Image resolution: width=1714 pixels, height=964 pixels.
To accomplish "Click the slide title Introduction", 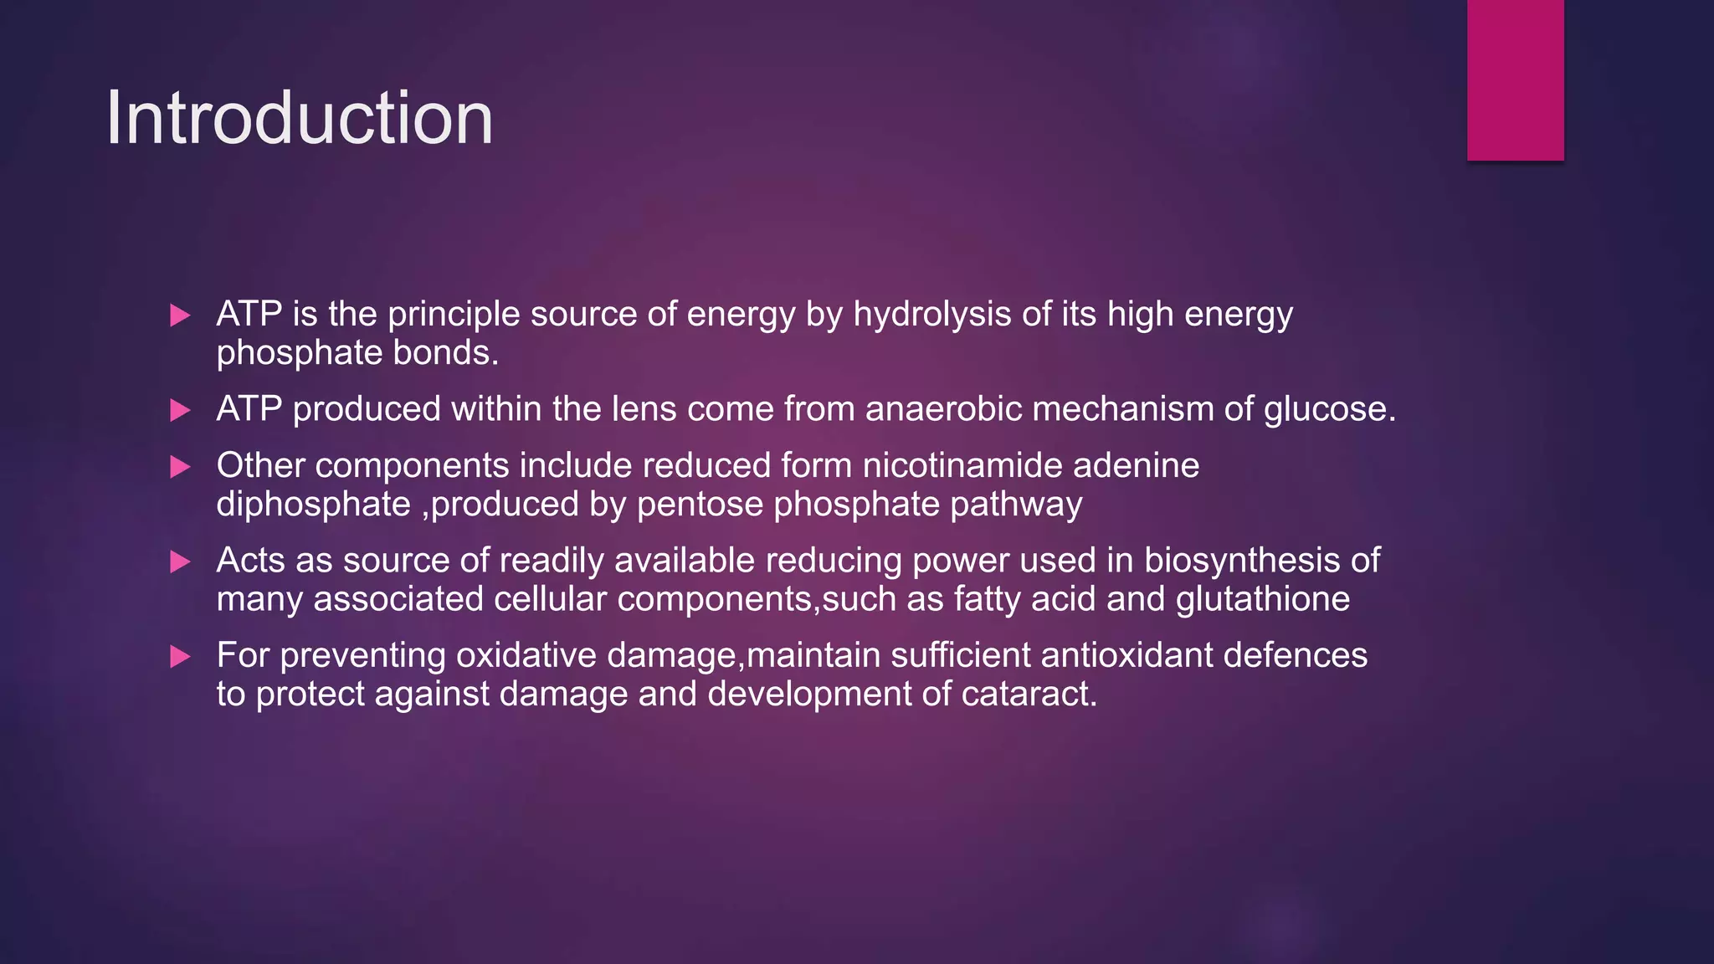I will click(299, 118).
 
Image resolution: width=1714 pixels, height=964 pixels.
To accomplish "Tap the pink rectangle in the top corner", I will click(1515, 79).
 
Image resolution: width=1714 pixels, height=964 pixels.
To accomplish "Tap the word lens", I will click(644, 409).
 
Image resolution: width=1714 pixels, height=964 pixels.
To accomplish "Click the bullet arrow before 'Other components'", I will click(180, 467).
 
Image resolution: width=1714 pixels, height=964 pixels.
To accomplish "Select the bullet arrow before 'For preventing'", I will click(180, 657).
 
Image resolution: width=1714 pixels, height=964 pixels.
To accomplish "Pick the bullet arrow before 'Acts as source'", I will click(180, 561).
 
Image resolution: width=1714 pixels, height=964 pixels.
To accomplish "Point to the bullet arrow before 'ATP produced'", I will click(180, 410).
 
